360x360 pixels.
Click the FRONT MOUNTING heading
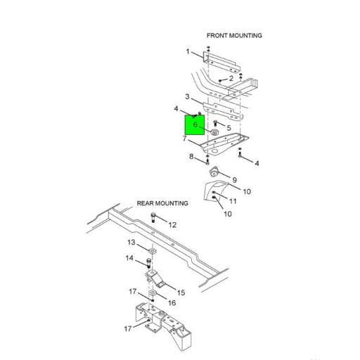(234, 36)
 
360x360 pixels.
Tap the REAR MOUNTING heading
(162, 203)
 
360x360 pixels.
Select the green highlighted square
(195, 125)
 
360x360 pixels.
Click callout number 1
(188, 51)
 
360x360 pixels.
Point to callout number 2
(231, 78)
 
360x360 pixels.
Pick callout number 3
(187, 96)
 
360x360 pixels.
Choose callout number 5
(229, 128)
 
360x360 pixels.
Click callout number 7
(184, 139)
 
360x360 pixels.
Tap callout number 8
(191, 156)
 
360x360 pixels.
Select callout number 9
(234, 180)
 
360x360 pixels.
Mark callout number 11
(233, 201)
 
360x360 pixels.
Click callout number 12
(172, 225)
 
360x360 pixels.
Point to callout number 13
(131, 242)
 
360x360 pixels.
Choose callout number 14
(129, 258)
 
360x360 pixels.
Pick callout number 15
(181, 292)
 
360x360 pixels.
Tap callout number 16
(172, 303)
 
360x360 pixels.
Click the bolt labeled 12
(153, 217)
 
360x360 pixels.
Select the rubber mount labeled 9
(214, 172)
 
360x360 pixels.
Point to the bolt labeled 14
(148, 263)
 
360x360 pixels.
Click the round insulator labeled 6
(214, 132)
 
